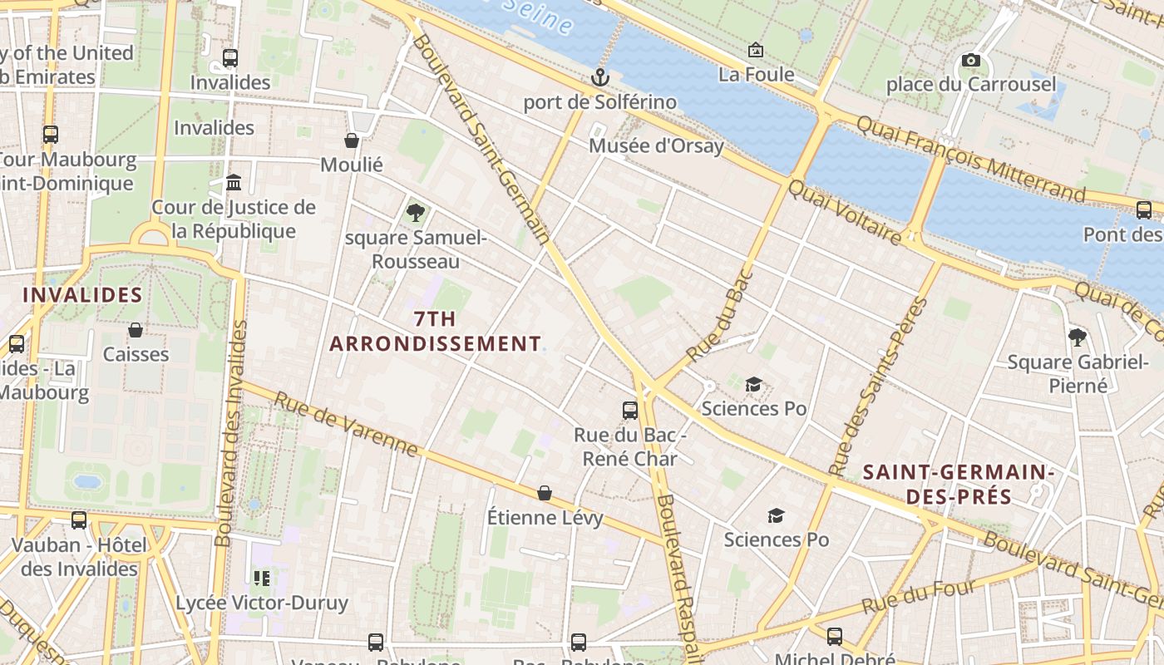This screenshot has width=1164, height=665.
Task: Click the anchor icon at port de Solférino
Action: tap(599, 77)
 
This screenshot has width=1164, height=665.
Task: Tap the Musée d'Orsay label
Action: tap(656, 146)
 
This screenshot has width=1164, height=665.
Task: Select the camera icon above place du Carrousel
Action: tap(970, 60)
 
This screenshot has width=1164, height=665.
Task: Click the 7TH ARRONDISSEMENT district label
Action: tap(435, 331)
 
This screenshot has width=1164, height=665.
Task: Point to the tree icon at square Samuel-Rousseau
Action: tap(415, 213)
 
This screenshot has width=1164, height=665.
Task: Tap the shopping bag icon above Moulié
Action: tap(352, 140)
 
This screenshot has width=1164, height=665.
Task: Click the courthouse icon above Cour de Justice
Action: tap(234, 182)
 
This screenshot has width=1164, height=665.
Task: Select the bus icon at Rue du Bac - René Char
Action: tap(630, 410)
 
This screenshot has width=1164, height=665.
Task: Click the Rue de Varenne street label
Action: tap(346, 424)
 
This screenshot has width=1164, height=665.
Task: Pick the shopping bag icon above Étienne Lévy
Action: tap(545, 493)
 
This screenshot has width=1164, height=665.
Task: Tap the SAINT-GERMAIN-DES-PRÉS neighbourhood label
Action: tap(958, 485)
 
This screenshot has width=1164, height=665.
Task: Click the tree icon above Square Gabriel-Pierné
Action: tap(1078, 337)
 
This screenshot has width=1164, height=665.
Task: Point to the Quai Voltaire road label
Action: tap(845, 214)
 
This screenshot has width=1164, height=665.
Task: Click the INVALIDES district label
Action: tap(82, 295)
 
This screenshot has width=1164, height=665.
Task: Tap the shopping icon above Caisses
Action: tap(136, 330)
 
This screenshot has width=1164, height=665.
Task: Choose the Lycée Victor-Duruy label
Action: tap(262, 603)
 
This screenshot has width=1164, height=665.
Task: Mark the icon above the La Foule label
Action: tap(755, 51)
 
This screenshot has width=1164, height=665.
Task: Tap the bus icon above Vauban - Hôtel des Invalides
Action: tap(79, 520)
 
